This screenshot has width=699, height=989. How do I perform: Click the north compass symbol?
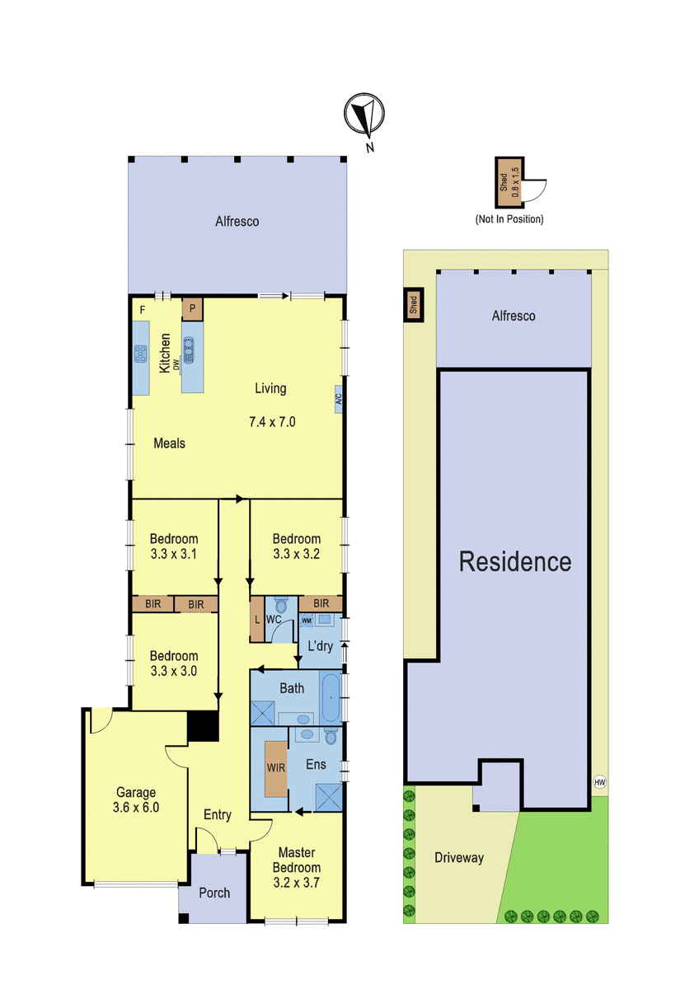(364, 114)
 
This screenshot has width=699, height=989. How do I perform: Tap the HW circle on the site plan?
(599, 782)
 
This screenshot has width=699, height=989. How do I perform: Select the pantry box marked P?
(192, 309)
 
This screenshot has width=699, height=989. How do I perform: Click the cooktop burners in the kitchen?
(140, 354)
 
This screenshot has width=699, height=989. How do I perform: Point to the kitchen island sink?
(189, 351)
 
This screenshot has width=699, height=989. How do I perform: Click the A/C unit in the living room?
(339, 399)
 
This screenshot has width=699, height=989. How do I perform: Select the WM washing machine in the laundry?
(306, 621)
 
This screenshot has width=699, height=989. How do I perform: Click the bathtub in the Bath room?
(330, 697)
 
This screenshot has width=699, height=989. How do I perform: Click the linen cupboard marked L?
(257, 619)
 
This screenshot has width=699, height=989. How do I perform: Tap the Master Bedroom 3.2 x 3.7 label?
(296, 874)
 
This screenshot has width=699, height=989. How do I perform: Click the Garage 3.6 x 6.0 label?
(136, 799)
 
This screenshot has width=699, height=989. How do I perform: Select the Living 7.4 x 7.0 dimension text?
(272, 422)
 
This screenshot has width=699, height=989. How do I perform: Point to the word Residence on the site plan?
(515, 561)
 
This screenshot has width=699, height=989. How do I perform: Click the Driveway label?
(459, 858)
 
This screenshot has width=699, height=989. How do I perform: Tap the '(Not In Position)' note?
(509, 219)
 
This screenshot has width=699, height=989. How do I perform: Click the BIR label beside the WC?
(321, 603)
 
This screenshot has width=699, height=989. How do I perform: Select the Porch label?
(214, 893)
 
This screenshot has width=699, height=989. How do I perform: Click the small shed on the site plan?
(414, 305)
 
